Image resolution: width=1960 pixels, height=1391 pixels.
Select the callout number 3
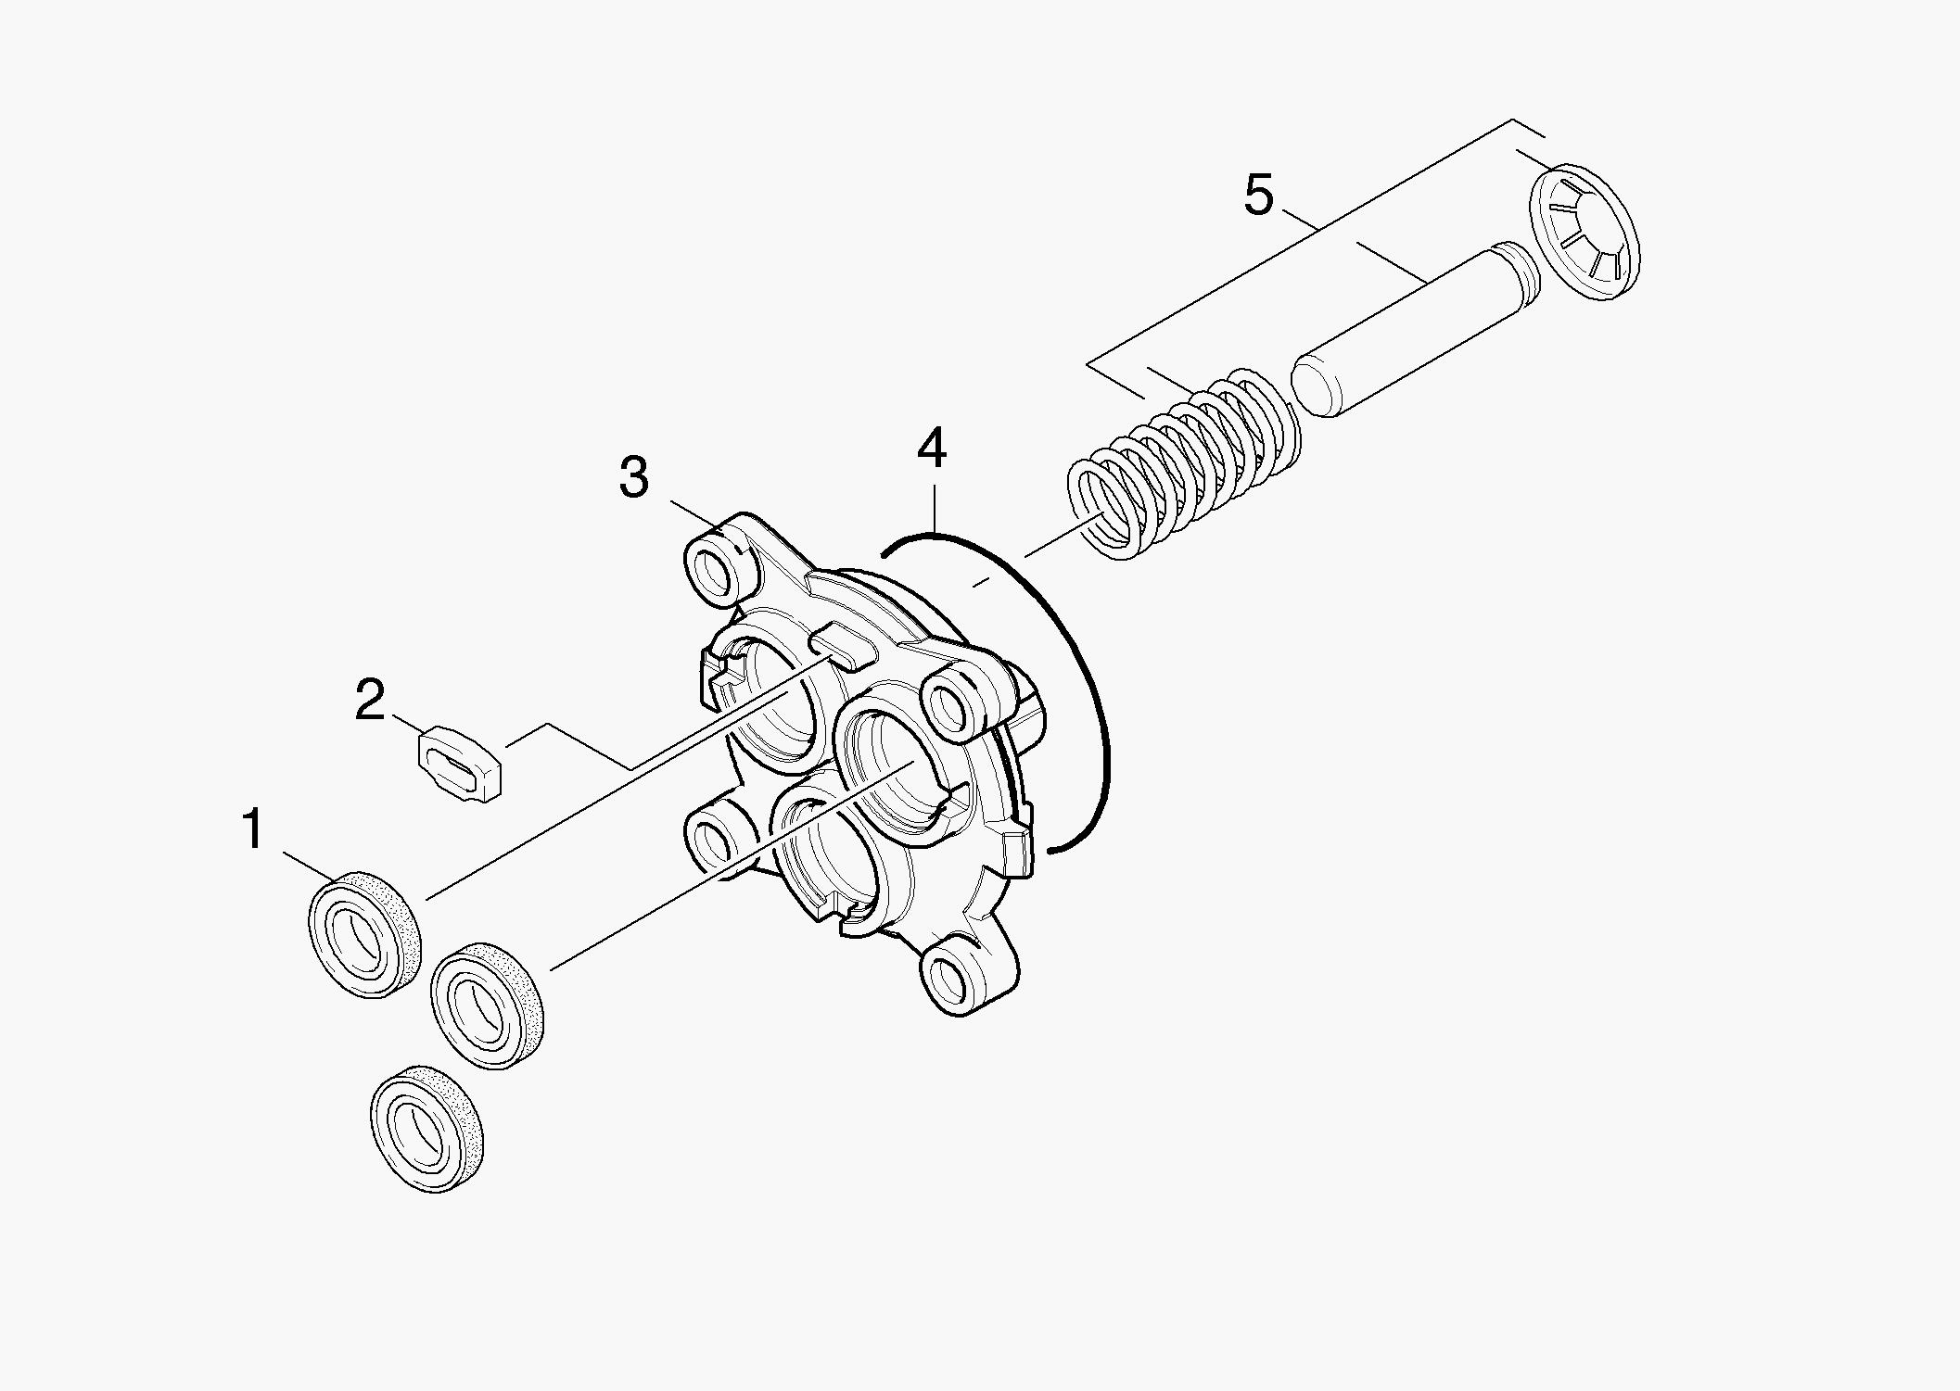point(634,477)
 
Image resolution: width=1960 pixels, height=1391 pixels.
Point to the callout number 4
point(932,448)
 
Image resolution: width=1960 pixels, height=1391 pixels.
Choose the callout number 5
point(1259,196)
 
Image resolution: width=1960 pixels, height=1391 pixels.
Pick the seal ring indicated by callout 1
point(363,934)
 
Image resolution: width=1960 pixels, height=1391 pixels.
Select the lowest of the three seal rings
point(427,1128)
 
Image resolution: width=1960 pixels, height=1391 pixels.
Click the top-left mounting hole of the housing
point(714,573)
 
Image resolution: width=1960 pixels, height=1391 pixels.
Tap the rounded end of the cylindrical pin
point(1313,386)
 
